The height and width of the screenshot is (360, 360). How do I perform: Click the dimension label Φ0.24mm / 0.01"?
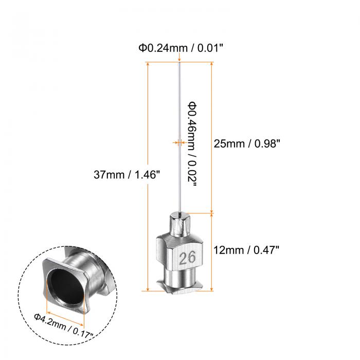[181, 48]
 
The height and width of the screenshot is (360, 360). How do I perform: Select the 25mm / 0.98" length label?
[247, 143]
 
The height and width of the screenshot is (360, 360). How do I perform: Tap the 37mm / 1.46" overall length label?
[127, 174]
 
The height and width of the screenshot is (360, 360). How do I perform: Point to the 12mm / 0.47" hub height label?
[246, 250]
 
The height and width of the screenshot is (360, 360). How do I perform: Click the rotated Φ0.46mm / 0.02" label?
[192, 145]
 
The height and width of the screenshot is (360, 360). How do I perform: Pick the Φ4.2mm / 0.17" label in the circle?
[64, 326]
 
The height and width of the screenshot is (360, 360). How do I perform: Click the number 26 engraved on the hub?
[187, 258]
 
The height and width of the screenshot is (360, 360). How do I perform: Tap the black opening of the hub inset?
[65, 287]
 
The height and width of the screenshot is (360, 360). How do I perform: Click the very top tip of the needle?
[179, 62]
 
